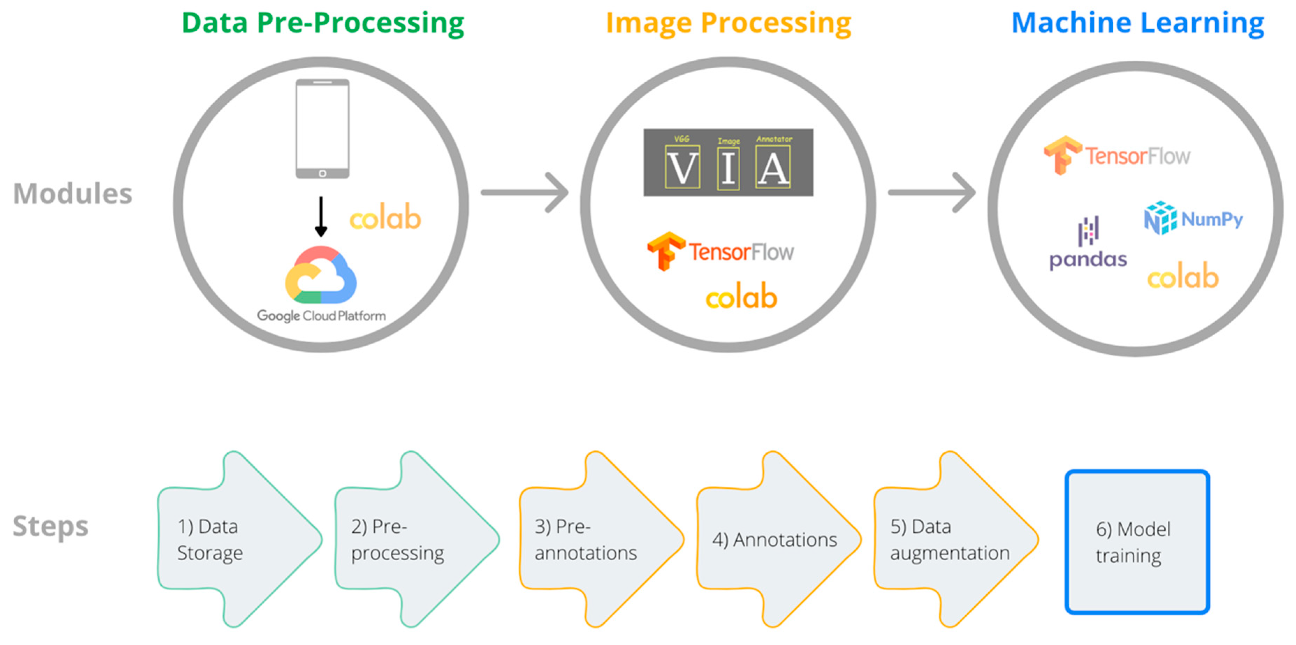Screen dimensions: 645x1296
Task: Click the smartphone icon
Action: coord(322,129)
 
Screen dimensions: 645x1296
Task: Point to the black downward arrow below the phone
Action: coord(321,216)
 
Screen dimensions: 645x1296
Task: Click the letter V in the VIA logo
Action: coord(682,168)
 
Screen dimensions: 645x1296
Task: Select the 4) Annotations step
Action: coord(775,539)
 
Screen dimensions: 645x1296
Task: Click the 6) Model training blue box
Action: coord(1137,542)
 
